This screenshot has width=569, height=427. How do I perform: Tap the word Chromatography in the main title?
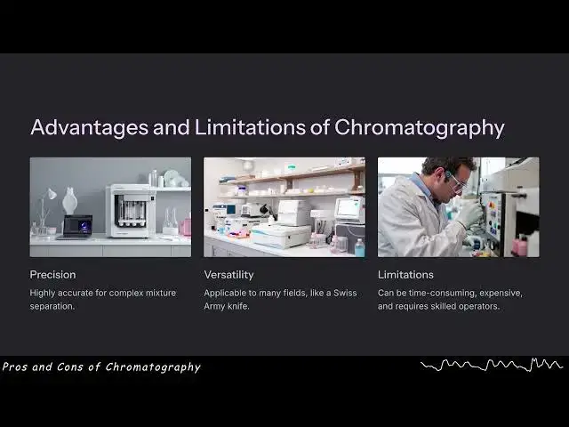419,127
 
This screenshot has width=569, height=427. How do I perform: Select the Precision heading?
52,275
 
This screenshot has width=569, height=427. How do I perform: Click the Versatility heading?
229,275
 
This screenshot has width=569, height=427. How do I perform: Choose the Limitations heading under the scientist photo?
405,275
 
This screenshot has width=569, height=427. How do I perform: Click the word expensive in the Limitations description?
499,293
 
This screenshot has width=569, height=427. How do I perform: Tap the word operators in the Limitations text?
477,307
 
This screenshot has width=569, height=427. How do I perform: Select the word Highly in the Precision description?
44,293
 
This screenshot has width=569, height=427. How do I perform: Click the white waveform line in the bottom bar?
491,365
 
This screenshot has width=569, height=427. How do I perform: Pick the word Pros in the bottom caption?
15,367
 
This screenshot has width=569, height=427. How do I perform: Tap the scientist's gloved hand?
469,213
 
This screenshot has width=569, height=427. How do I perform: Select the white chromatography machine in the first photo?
131,210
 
